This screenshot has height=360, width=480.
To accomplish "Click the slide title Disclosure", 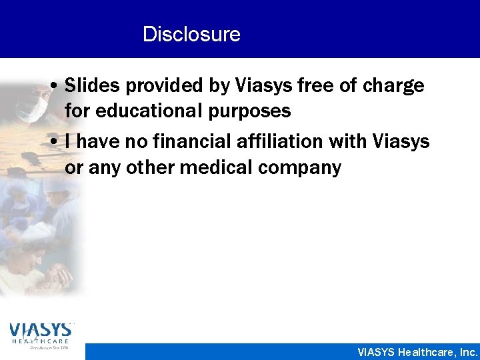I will click(x=191, y=33).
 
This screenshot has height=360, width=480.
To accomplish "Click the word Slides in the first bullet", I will click(x=91, y=86).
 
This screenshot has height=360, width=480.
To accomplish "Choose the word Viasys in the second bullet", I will click(x=402, y=141).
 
